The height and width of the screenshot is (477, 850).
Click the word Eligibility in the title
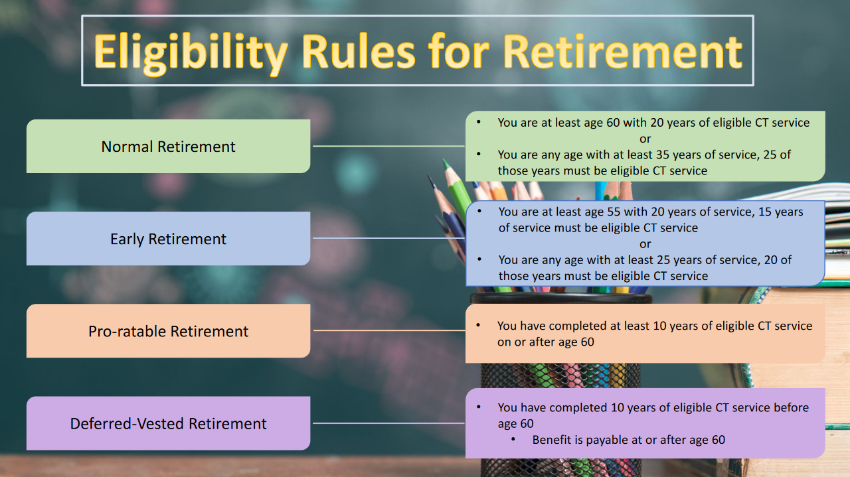(x=191, y=52)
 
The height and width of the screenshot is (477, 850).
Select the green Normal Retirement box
(x=168, y=147)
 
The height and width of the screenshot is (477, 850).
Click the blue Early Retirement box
(x=168, y=239)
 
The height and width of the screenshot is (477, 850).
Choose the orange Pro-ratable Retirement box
(x=168, y=330)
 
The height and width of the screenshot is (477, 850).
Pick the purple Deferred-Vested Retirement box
(x=168, y=423)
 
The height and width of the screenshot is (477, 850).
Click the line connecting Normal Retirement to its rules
(x=388, y=146)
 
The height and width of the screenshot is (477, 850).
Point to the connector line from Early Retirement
(x=388, y=238)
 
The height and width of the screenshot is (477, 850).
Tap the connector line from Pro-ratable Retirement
(x=389, y=330)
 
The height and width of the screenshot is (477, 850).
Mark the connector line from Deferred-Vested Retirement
(x=388, y=423)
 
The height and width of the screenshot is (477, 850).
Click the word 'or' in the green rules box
(x=645, y=139)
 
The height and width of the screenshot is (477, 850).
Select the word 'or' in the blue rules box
(x=645, y=244)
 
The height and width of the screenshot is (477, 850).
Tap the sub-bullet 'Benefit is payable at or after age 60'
(x=628, y=440)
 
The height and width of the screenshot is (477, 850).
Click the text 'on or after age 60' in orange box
(x=546, y=342)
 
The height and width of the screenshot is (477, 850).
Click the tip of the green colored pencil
(x=443, y=161)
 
